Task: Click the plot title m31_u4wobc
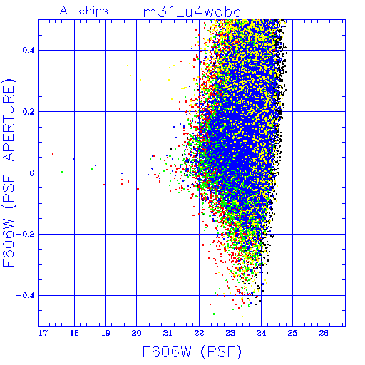(192, 13)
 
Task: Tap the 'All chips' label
(84, 11)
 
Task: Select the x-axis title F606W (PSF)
(192, 352)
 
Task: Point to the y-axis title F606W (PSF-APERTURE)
(9, 173)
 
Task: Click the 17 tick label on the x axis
(43, 333)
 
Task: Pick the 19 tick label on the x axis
(106, 333)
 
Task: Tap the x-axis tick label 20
(137, 333)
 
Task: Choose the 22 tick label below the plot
(199, 333)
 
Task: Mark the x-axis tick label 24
(262, 333)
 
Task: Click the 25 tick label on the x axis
(292, 333)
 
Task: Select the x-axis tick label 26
(324, 333)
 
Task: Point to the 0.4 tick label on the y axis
(29, 51)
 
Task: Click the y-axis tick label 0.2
(29, 112)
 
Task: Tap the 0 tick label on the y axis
(32, 173)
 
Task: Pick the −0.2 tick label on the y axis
(26, 235)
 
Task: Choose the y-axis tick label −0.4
(26, 296)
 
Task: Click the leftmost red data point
(53, 154)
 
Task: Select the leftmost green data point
(62, 172)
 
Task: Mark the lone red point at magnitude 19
(104, 185)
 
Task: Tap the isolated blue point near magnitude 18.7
(96, 165)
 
